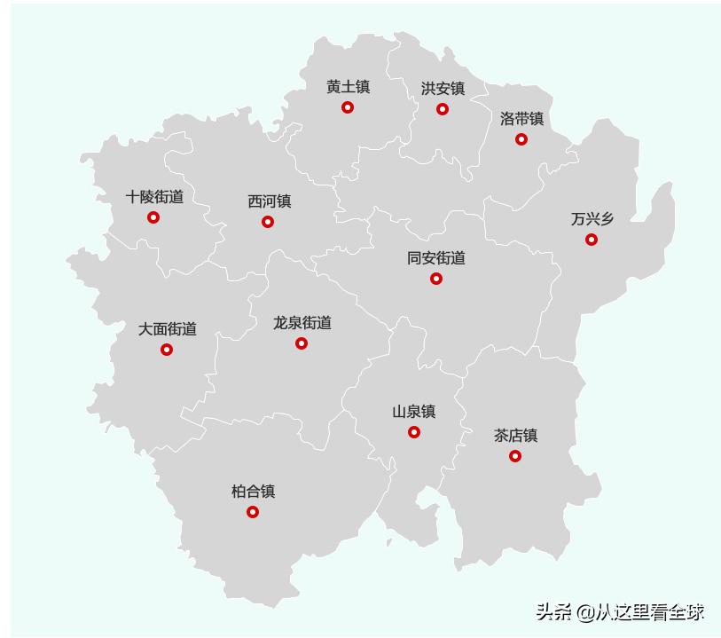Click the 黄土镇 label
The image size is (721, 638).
348,87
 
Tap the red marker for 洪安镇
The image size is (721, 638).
443,109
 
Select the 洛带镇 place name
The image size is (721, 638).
521,119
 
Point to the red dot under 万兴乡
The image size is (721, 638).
592,240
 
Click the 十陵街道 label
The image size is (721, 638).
154,197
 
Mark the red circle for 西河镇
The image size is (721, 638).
268,222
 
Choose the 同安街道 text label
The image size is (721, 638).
436,258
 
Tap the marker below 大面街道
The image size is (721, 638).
167,350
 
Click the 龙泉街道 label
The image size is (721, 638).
302,323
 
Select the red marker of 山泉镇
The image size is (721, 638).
414,432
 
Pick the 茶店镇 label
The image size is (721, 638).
515,436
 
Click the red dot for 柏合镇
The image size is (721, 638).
253,512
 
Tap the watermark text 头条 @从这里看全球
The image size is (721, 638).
619,611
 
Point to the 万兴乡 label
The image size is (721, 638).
592,219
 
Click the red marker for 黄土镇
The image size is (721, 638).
348,107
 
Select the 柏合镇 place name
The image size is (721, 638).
253,492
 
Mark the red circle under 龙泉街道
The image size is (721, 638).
302,343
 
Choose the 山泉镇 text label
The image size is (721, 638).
414,412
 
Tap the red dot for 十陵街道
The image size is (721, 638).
153,217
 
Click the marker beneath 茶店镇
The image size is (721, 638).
515,456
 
